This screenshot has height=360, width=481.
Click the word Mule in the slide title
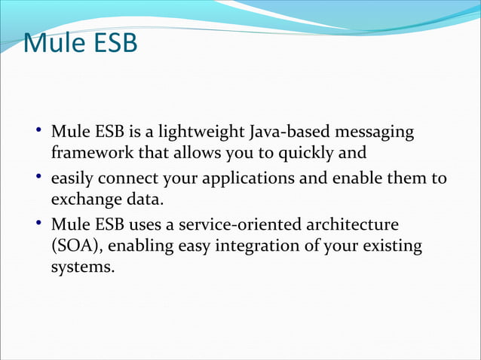click(x=50, y=44)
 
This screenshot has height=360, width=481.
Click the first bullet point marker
click(x=38, y=133)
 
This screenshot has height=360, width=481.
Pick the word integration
click(x=250, y=246)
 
